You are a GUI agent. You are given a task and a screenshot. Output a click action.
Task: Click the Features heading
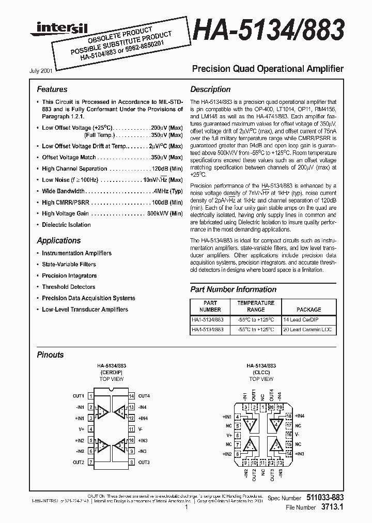coord(52,89)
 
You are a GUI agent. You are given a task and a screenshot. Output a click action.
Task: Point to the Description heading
coord(210,89)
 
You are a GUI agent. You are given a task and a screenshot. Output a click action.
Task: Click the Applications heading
coord(59,240)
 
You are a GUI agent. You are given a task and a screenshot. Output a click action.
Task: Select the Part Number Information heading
coord(233,289)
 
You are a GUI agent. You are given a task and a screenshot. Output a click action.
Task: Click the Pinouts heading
coord(50,355)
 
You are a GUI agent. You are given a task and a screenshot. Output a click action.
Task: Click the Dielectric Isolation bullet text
coord(66,225)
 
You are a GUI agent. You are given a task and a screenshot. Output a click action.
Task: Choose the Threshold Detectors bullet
coord(68,287)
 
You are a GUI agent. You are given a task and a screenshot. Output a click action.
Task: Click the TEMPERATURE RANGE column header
coord(256,306)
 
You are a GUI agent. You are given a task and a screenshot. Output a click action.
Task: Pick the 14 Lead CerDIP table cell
coord(308,319)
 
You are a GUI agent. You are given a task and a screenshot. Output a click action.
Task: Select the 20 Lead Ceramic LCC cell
coord(308,329)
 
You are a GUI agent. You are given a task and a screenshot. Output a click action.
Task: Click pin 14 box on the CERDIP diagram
coord(132,396)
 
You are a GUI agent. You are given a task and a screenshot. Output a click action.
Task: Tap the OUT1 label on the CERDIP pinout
coord(79,396)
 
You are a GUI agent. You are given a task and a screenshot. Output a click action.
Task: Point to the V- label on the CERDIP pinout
coord(141,429)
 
